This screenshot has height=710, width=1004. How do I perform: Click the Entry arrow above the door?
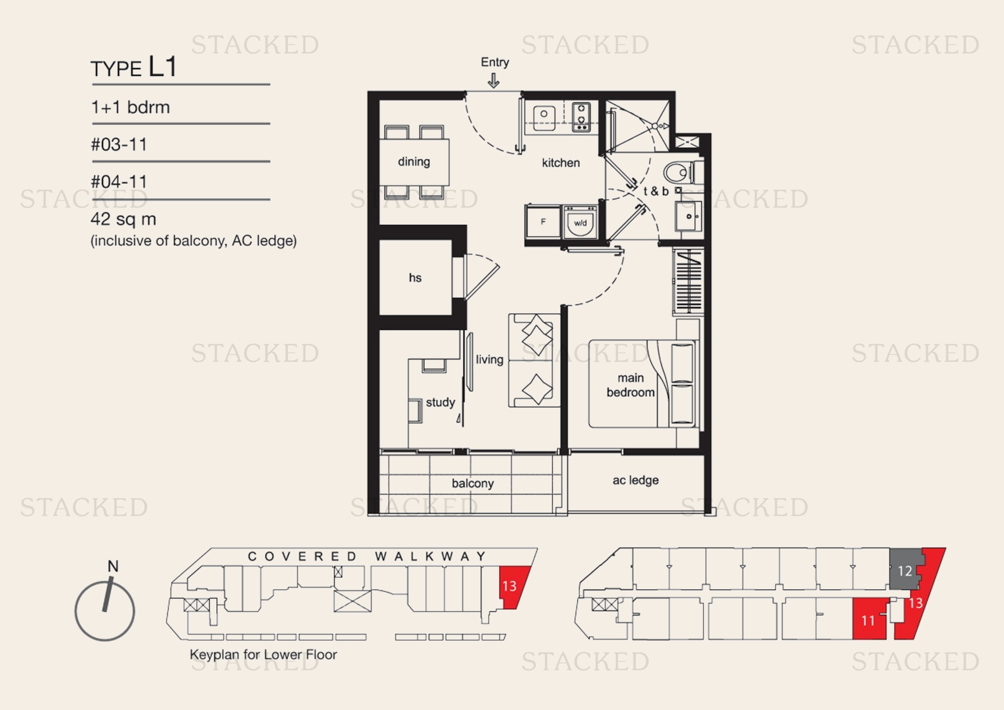pos(493,81)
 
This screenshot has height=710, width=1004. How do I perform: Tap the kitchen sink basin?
pos(544,115)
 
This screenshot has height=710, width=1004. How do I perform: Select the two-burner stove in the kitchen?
pos(581,116)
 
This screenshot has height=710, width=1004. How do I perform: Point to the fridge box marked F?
pos(543,222)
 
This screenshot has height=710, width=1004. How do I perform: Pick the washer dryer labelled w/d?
pos(580,223)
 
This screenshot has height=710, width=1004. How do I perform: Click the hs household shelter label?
pos(415,278)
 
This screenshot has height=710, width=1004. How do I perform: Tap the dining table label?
pos(414,161)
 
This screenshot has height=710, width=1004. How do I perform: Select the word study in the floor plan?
pos(440,402)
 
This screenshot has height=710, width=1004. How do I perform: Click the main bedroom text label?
pos(630,385)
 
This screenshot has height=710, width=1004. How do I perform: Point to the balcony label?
pos(472,483)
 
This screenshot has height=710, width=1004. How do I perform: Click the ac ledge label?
pos(635,480)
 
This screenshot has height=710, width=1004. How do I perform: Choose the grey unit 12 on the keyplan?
pos(904,570)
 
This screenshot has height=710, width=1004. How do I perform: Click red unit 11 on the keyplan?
pos(868,620)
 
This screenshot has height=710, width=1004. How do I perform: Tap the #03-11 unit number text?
pos(119,144)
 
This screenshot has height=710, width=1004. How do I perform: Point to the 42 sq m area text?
pos(124,219)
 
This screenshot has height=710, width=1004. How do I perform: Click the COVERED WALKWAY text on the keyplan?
pos(366,556)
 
